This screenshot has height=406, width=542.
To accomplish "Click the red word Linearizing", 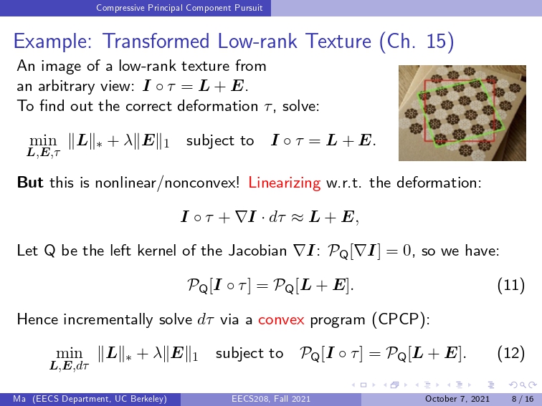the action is [x=284, y=183].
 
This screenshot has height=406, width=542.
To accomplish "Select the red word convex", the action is [x=281, y=320].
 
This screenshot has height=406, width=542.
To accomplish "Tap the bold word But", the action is [x=30, y=183].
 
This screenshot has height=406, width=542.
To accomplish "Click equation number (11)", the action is [x=511, y=285].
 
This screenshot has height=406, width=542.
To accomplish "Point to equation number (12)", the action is [x=511, y=353].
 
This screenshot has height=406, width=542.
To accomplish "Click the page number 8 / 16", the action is [x=523, y=399].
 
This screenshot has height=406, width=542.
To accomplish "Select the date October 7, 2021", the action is [x=457, y=399].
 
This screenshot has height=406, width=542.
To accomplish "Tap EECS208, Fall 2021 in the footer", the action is [x=271, y=399].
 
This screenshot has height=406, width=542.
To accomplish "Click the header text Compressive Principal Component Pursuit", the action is [x=179, y=8].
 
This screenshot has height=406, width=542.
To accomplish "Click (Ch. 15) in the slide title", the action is [x=417, y=42].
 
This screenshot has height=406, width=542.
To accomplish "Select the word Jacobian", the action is [x=257, y=251].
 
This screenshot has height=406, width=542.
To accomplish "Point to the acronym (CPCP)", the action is [x=401, y=319].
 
